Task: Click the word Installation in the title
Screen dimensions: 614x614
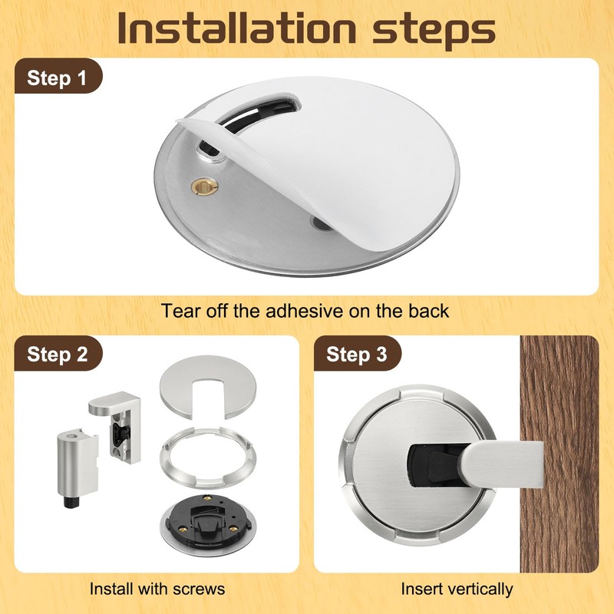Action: (237, 28)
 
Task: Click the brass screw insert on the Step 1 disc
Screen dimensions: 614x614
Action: (204, 186)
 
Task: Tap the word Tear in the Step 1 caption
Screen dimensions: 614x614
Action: (180, 311)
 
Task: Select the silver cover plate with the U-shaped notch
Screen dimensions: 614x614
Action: (208, 387)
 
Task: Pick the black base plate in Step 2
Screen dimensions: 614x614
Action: (207, 524)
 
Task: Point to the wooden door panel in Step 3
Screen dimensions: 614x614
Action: (560, 454)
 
